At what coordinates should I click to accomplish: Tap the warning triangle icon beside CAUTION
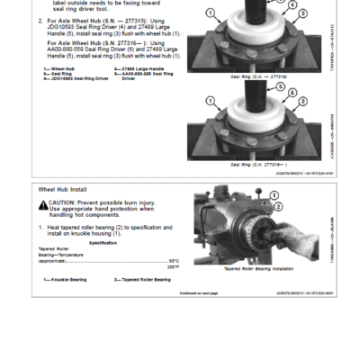pyautogui.click(x=43, y=204)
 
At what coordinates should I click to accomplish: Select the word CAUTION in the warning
pyautogui.click(x=65, y=203)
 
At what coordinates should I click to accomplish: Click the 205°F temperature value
pyautogui.click(x=173, y=267)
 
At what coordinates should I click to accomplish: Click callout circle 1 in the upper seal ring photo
pyautogui.click(x=210, y=13)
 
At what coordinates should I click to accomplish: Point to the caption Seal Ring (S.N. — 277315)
pyautogui.click(x=258, y=76)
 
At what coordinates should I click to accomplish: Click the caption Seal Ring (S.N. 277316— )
pyautogui.click(x=258, y=165)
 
